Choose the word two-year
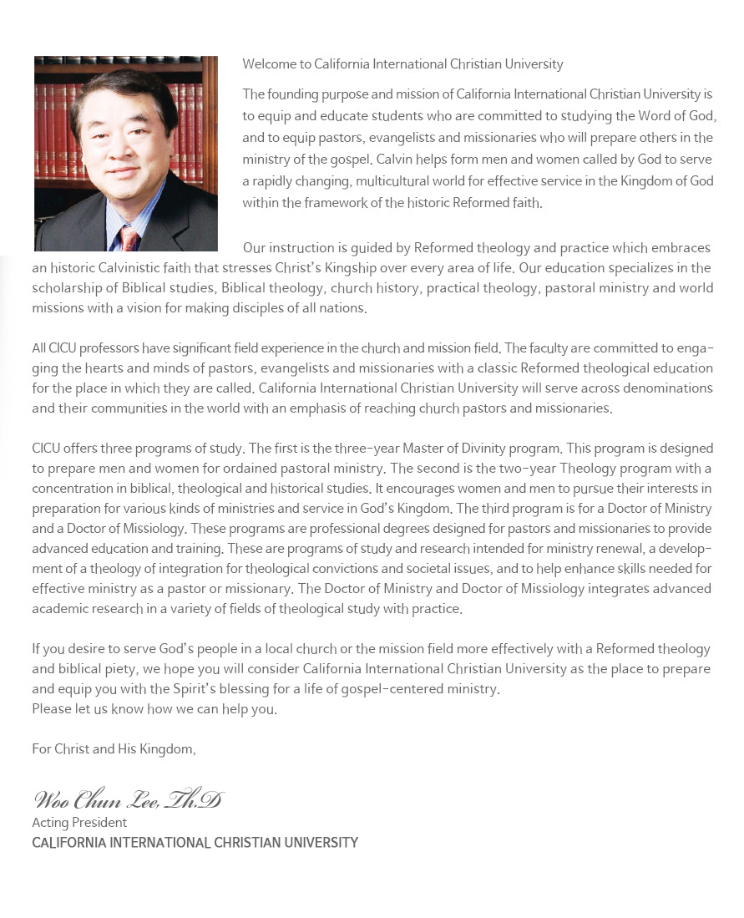[528, 469]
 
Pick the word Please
[49, 709]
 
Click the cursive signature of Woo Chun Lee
[129, 799]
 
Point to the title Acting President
[79, 823]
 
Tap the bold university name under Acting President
[195, 843]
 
